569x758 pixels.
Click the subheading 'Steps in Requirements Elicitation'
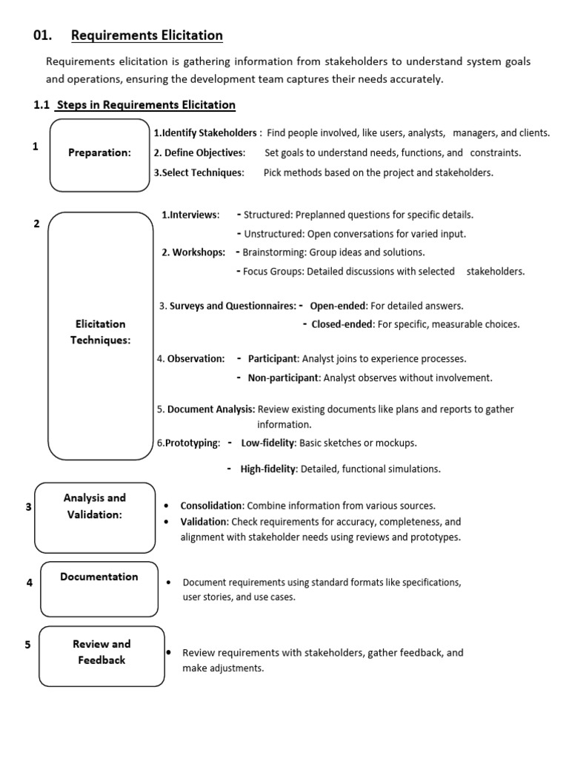tap(146, 105)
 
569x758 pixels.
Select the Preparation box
tap(99, 153)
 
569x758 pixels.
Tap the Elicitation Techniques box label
tap(100, 332)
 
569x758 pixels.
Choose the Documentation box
tap(99, 588)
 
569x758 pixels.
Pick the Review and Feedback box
tap(102, 654)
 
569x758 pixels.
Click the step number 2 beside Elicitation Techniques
tap(37, 224)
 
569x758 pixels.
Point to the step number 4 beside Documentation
tap(30, 583)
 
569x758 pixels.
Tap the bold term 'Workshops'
tap(199, 252)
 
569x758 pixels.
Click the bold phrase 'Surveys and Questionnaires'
tap(233, 306)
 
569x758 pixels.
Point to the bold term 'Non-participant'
tap(282, 378)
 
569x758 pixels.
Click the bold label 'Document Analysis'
tap(211, 409)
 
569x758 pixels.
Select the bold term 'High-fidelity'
tap(268, 469)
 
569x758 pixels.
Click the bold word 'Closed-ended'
tap(342, 324)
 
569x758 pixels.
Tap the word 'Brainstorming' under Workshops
tap(273, 252)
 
